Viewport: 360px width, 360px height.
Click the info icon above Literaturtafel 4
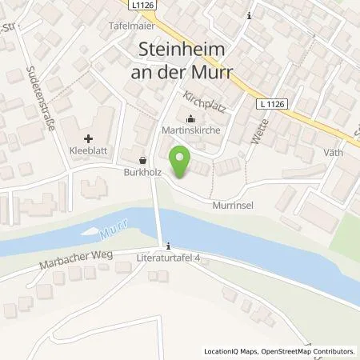coord(169,246)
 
